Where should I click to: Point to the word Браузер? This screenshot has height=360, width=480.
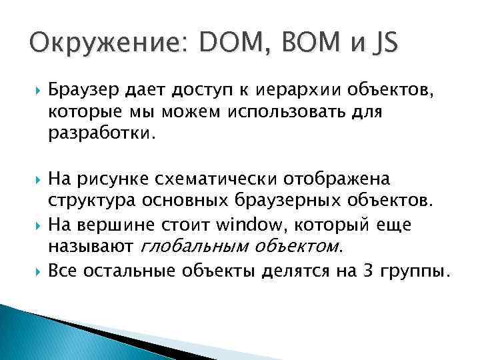[x=83, y=89]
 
